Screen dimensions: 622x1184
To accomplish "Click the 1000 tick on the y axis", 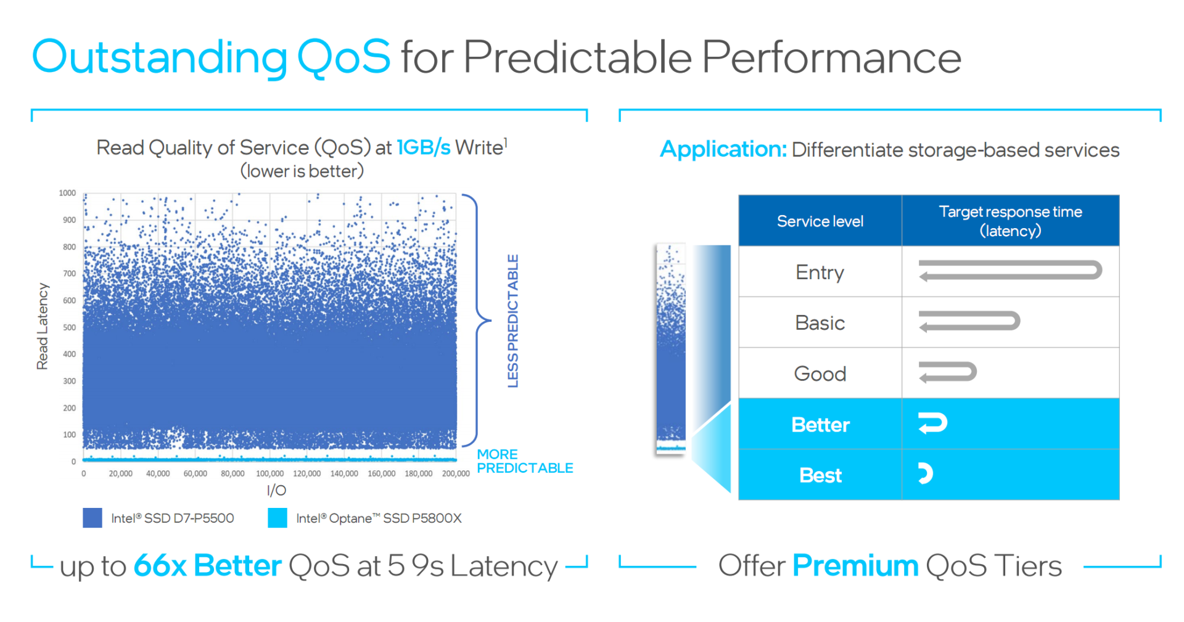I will pos(67,193).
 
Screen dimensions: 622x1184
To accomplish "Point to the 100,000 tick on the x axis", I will pos(269,473).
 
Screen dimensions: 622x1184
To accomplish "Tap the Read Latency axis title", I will pos(42,326).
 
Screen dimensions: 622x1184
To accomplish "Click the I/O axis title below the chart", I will pos(276,490).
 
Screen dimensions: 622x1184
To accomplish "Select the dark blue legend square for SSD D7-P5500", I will pos(92,518).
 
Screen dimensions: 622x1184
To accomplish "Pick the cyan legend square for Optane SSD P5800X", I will pos(277,518).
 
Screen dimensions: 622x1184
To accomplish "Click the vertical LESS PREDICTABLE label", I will pos(512,321).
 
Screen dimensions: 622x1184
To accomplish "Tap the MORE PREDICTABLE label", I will pos(524,461).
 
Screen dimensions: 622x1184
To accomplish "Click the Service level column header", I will pos(820,221).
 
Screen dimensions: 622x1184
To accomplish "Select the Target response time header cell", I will pos(1010,221).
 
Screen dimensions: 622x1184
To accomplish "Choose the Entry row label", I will pos(820,272).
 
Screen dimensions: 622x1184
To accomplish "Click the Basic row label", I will pos(820,322).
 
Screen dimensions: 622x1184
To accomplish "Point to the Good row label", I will pos(820,374).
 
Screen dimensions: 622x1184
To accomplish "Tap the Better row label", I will pos(820,425).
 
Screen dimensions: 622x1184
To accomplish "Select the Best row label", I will pos(820,475).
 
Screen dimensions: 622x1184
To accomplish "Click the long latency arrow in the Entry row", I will pos(1009,271).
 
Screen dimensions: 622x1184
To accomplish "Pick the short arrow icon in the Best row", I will pos(925,473).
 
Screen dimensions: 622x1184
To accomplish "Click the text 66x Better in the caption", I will pos(207,565).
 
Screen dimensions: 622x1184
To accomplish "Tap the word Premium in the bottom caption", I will pos(855,565).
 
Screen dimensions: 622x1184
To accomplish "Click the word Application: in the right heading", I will pos(723,149).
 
